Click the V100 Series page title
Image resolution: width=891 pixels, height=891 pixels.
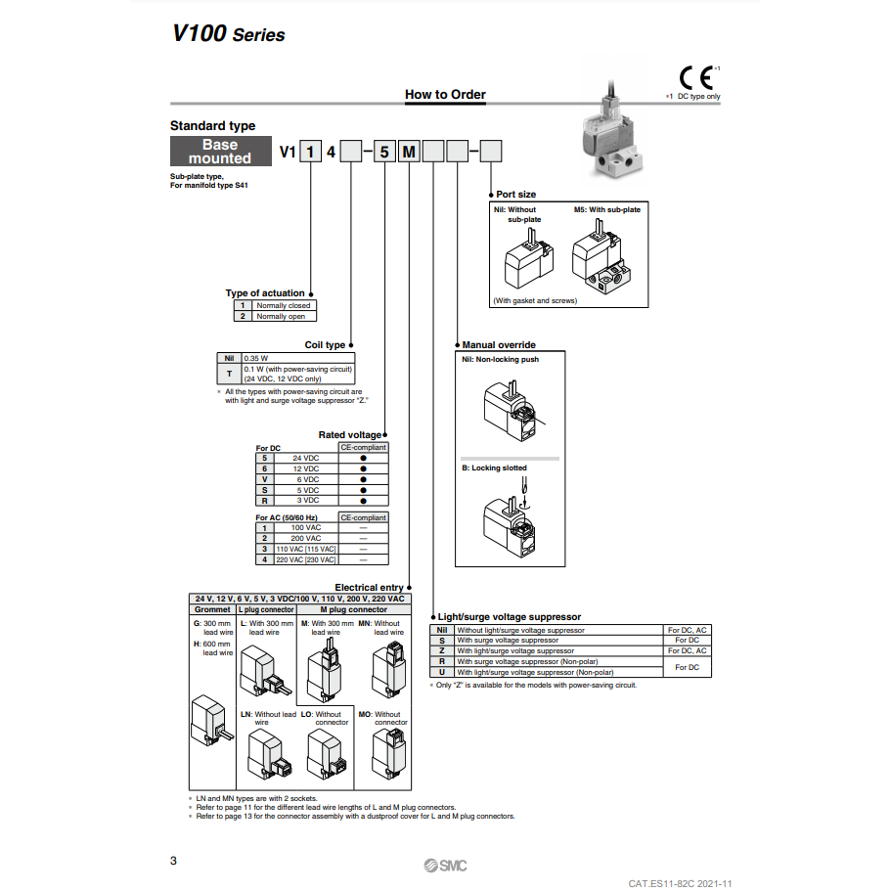(228, 33)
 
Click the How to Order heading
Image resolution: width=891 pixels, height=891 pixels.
(445, 95)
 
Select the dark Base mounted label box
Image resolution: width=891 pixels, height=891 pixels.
(220, 152)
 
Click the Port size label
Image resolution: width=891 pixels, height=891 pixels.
(515, 195)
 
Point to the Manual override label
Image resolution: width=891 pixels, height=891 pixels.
(499, 345)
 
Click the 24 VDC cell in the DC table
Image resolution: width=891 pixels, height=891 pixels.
(305, 458)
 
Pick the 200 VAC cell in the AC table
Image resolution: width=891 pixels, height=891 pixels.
(305, 538)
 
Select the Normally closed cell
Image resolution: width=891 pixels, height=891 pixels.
(283, 305)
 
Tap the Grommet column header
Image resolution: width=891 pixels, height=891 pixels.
(212, 609)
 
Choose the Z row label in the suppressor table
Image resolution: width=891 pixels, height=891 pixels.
(442, 650)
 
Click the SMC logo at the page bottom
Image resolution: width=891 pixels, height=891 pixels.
(446, 866)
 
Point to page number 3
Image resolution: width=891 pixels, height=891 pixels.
(174, 861)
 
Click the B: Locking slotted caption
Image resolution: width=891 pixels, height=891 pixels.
(494, 468)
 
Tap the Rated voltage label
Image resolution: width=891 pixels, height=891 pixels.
(349, 435)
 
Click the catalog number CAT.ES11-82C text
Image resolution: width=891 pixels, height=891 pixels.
(680, 883)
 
